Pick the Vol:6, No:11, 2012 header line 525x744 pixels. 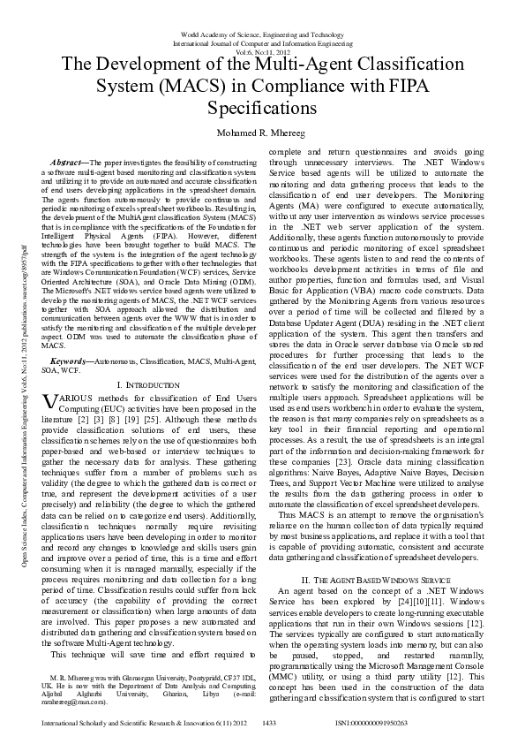coord(262,52)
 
